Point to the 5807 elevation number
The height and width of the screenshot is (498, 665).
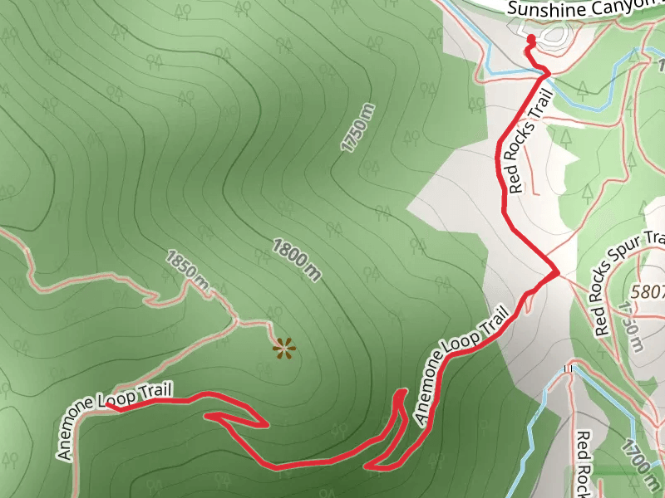coord(648,292)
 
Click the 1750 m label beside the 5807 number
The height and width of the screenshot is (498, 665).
coord(631,325)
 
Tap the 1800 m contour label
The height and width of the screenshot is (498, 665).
coord(297,258)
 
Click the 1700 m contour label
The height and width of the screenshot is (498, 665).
coord(638,466)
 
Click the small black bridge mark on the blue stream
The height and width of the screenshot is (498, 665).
coord(569,368)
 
